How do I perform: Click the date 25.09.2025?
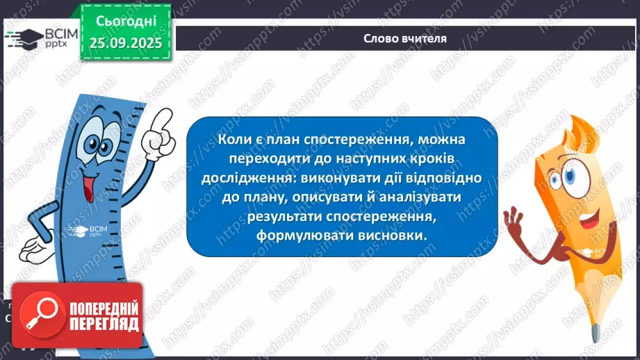125,43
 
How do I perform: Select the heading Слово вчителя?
404,39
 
